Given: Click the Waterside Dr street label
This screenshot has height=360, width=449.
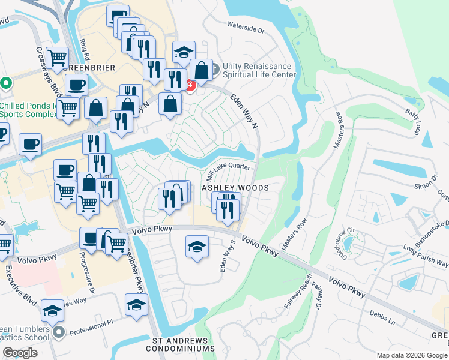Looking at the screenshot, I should [x=246, y=28].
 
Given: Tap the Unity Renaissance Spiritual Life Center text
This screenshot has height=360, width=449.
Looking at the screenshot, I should [x=259, y=70].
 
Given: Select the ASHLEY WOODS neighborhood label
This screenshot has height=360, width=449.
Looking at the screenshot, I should [x=234, y=188].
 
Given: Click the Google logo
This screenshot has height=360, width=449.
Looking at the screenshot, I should [x=20, y=353].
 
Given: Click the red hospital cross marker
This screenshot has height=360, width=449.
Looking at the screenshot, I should [x=190, y=86].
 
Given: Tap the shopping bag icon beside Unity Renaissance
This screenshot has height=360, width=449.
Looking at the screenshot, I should [x=202, y=70].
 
